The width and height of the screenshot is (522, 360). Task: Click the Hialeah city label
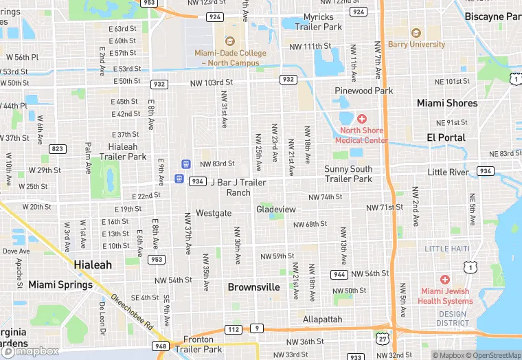click(92, 265)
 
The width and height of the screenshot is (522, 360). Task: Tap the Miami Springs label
click(60, 284)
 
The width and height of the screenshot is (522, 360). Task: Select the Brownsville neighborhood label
click(253, 286)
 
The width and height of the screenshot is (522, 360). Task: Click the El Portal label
click(446, 137)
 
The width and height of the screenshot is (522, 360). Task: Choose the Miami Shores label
click(447, 103)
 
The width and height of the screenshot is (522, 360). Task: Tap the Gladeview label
click(275, 209)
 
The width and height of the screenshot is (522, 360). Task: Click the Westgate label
click(214, 213)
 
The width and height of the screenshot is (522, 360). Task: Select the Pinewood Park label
click(363, 91)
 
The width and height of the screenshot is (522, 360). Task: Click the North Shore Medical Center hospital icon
click(361, 119)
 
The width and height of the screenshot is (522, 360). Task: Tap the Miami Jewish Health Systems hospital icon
click(445, 280)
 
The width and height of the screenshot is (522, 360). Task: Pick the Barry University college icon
click(415, 33)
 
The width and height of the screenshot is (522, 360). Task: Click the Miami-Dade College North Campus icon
click(229, 41)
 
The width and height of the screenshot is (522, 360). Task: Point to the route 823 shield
click(58, 149)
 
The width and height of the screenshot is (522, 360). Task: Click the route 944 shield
click(339, 273)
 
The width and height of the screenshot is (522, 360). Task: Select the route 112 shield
click(233, 330)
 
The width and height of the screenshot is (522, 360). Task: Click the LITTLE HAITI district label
click(446, 249)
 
